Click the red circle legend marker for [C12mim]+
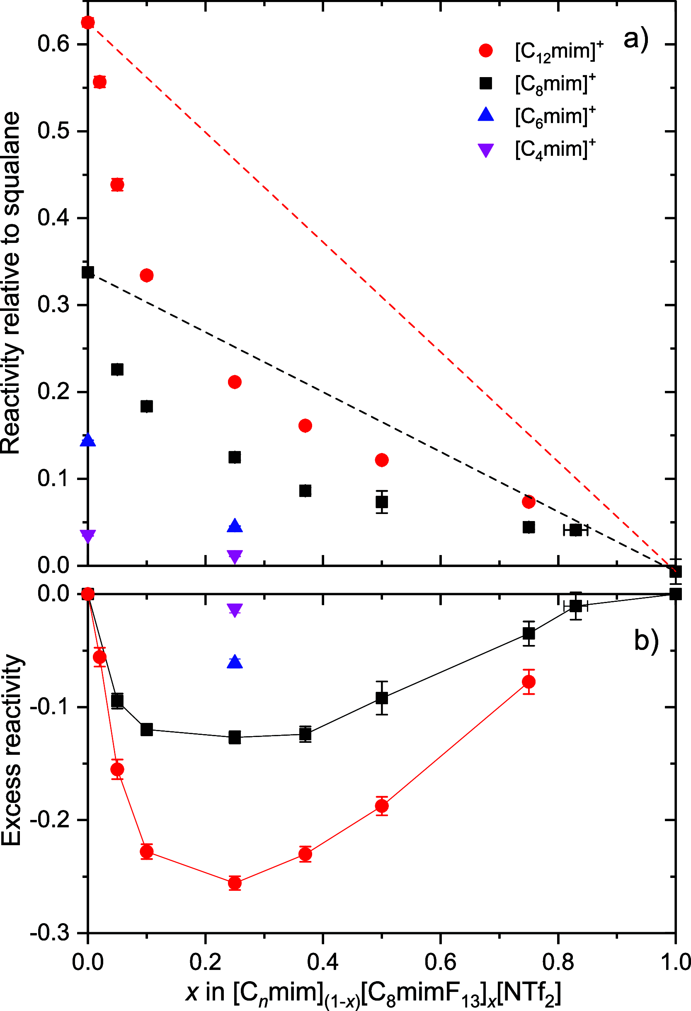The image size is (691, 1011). pos(486,51)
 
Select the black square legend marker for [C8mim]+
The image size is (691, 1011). pos(486,83)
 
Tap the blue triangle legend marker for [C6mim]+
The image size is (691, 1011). pos(486,115)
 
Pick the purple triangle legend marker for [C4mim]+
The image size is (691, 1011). pos(486,150)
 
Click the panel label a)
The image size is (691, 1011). pos(636,39)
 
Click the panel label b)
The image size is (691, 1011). pos(646,640)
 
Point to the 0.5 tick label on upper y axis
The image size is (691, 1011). pos(53,131)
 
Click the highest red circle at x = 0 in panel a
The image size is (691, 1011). pos(88,22)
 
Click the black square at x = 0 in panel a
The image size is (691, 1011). pos(88,272)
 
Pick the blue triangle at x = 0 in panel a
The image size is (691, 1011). pos(88,440)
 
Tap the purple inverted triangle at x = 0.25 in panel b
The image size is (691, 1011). pos(235,610)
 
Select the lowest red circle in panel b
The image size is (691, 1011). pos(235,883)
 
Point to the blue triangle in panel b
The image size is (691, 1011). pos(235,662)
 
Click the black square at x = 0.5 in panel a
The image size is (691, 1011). pos(382,502)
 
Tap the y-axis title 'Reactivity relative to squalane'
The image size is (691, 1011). pos(11,283)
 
